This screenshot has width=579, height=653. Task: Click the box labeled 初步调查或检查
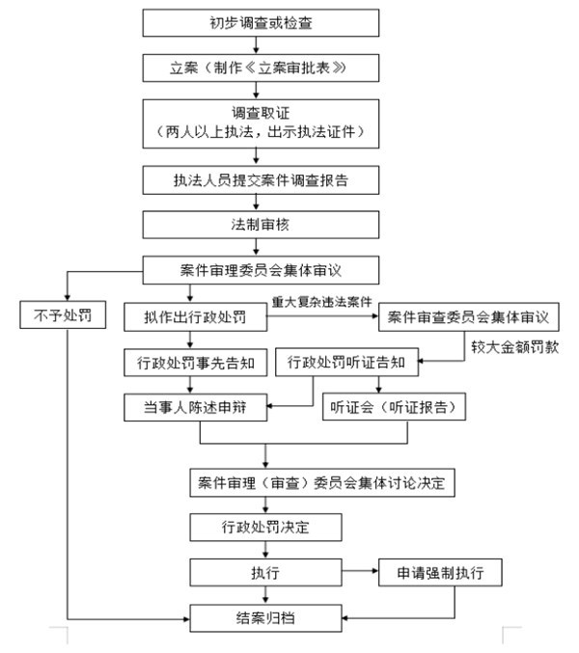[x=255, y=23]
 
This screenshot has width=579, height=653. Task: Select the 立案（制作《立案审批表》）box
[x=255, y=68]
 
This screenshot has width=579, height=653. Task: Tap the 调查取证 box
[x=255, y=122]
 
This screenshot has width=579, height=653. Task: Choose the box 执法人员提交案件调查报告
[x=255, y=180]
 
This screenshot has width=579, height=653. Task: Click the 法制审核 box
[x=255, y=225]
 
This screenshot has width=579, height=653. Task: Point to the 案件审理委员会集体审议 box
[x=255, y=268]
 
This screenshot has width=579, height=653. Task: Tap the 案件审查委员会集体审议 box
[x=469, y=316]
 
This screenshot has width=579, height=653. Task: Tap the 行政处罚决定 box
[x=264, y=527]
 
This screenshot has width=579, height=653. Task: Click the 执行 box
[x=264, y=572]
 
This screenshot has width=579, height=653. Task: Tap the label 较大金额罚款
[x=514, y=344]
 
